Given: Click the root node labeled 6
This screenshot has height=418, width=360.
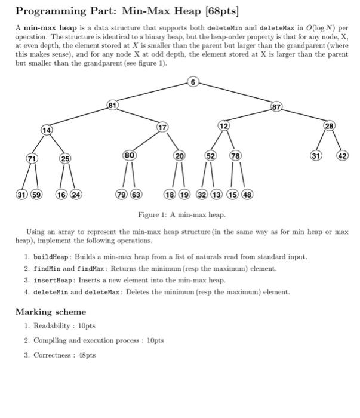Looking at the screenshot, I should coord(192,82).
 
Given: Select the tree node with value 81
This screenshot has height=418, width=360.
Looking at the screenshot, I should coord(111,106).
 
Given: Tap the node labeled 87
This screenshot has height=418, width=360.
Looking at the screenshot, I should coord(275,107).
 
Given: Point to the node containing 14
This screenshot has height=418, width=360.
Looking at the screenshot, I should coord(47,130).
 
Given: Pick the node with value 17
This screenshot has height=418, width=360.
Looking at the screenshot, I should coord(162,127).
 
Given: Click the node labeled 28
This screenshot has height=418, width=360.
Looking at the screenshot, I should coord(330,125).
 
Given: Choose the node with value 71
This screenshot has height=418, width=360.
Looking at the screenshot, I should coord(29,158).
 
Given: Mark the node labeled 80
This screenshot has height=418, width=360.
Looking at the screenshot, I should coord(130,155).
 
